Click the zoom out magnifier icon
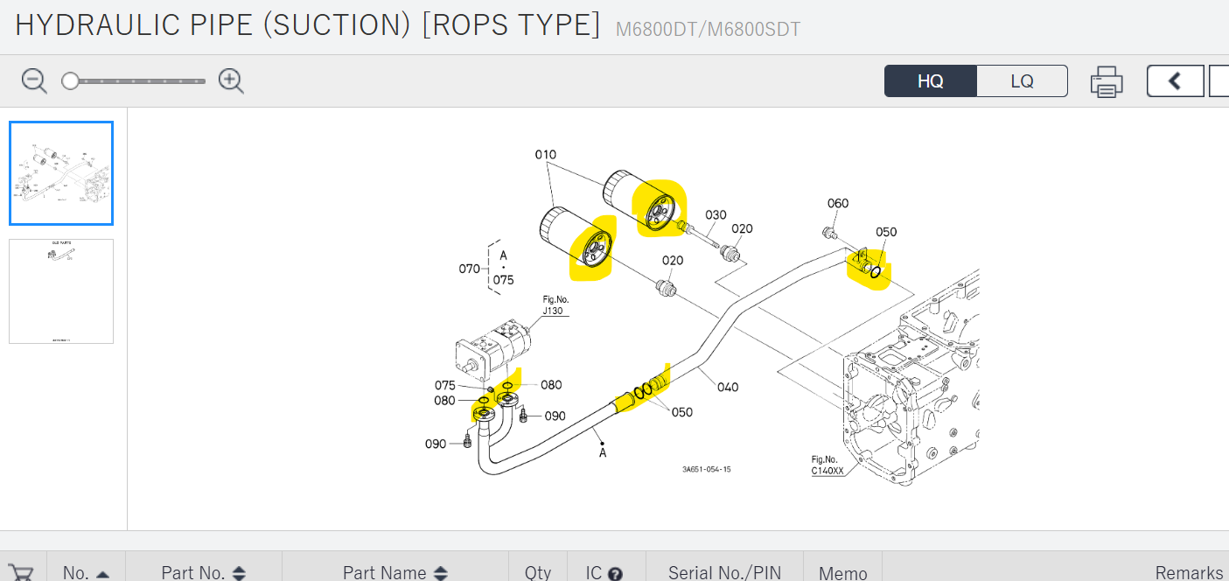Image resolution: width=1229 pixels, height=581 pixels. [x=34, y=81]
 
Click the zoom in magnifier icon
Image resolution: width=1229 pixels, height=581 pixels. [x=231, y=81]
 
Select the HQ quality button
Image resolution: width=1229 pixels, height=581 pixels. [x=931, y=81]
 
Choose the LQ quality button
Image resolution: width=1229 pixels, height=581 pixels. [x=1022, y=81]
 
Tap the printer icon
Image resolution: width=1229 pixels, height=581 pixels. [x=1107, y=81]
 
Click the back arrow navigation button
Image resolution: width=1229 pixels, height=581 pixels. [x=1175, y=81]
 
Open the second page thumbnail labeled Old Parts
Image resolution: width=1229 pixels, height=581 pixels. [x=61, y=291]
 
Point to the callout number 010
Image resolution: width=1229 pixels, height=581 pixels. [x=546, y=155]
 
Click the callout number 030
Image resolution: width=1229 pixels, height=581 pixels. [x=716, y=215]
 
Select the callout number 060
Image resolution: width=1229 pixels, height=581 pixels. [x=838, y=204]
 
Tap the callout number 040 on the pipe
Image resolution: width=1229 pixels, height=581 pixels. [x=728, y=387]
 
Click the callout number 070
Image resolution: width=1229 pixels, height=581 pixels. [x=470, y=269]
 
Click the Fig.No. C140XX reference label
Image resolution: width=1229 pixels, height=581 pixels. [x=827, y=465]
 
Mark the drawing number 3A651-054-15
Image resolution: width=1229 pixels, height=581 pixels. [x=706, y=470]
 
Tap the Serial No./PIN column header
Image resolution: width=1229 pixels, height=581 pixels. [x=724, y=572]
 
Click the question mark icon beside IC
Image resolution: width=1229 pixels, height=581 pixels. [x=615, y=574]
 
